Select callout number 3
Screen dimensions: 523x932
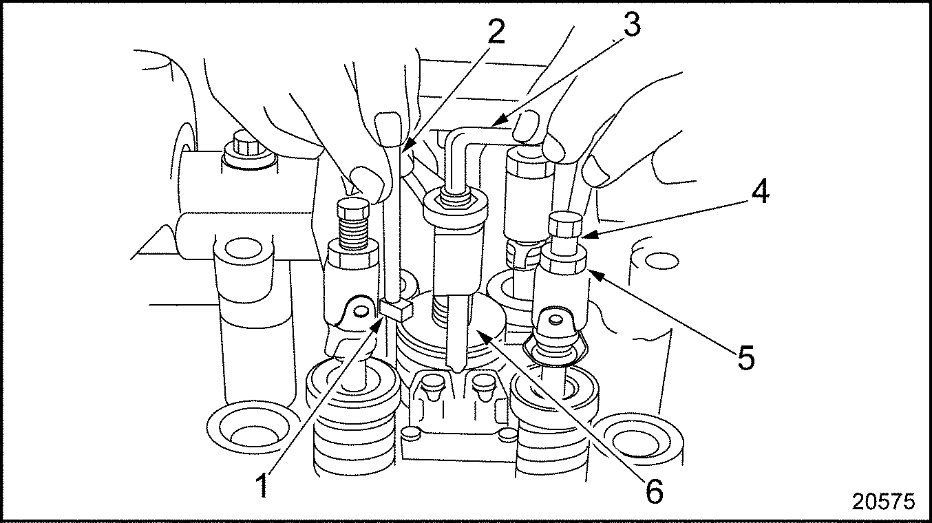click(x=628, y=25)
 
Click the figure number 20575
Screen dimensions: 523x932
click(x=883, y=502)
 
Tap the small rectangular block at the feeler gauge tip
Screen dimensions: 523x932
click(x=396, y=308)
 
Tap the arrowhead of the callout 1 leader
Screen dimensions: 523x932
click(x=379, y=320)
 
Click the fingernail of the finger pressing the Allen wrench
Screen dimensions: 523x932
click(x=526, y=128)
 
